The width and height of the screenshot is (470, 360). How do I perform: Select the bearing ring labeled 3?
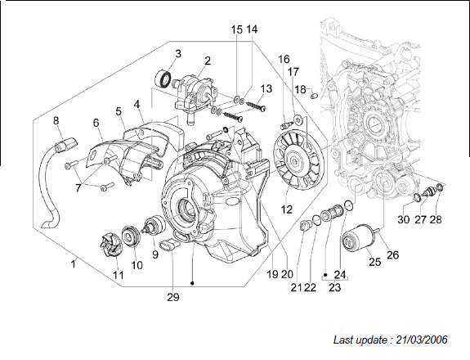point(163,79)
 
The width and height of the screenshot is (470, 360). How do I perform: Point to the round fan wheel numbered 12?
point(299,161)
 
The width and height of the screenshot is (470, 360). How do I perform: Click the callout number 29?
point(173,297)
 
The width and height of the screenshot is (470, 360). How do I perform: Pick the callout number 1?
point(73,264)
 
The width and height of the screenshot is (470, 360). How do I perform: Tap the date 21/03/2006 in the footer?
point(422,340)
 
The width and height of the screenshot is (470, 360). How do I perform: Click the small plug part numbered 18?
point(314,96)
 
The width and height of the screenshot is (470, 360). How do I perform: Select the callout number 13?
point(266,89)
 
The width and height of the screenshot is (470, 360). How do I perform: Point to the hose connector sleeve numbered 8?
point(65,144)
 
